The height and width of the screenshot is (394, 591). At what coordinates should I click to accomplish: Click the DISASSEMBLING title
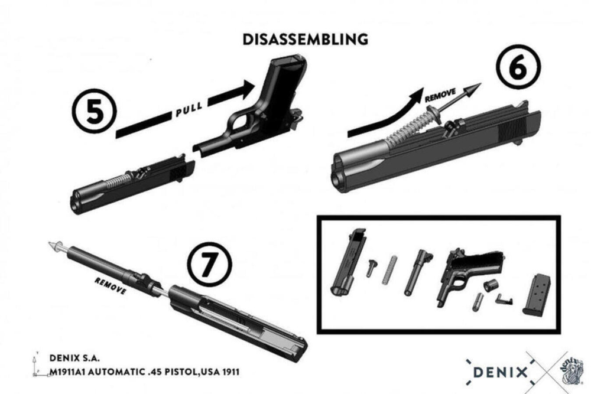[305, 40]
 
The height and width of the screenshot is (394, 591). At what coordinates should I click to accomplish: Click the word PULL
[189, 108]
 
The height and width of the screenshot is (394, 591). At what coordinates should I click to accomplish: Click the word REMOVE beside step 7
[110, 285]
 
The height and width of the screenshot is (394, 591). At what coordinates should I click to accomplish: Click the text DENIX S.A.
[74, 359]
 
